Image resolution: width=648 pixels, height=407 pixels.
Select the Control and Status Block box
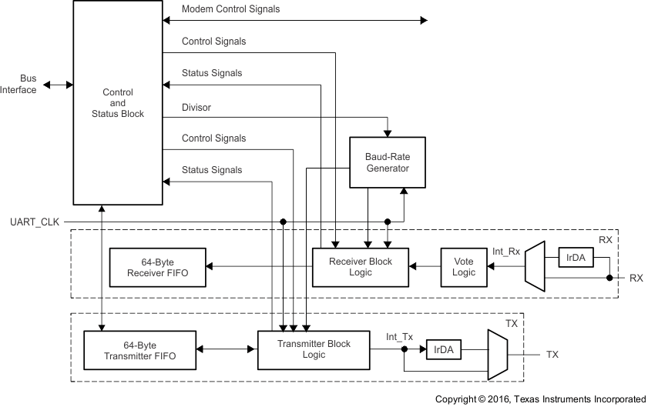pos(117,103)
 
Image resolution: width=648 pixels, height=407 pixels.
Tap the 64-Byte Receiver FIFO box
pos(158,267)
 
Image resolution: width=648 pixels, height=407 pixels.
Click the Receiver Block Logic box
pos(361,267)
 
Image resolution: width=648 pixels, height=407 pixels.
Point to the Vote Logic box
pos(464,267)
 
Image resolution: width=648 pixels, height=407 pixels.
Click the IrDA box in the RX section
pos(576,257)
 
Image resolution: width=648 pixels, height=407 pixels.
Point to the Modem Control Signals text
pos(230,9)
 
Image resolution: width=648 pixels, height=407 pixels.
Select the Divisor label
pos(196,108)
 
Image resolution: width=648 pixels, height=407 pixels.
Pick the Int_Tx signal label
pos(399,336)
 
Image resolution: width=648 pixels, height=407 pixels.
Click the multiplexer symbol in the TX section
pos(494,354)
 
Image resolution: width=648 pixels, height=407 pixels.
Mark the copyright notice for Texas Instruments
pos(540,399)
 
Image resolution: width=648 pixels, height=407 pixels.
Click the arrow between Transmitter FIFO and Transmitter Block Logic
pos(225,349)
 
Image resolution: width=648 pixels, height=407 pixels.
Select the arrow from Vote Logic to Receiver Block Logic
pos(425,267)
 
